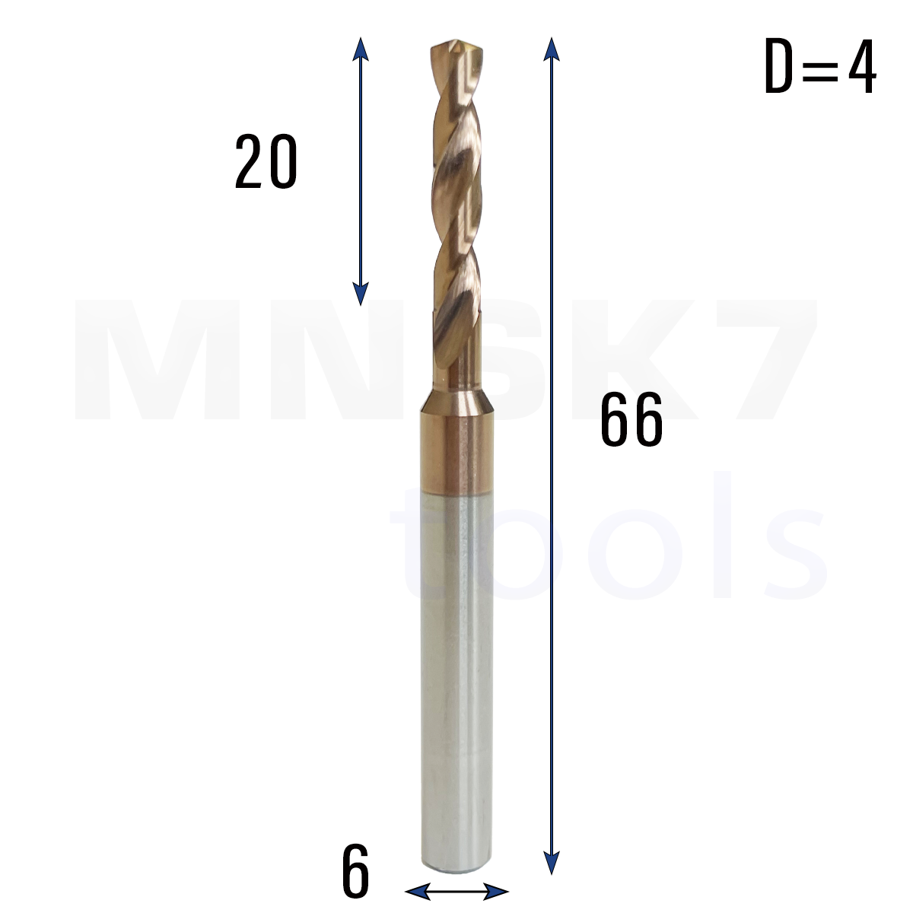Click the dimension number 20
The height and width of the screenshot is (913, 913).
tap(266, 161)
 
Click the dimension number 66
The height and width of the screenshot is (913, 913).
tap(631, 418)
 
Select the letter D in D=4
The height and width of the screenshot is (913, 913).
tap(779, 65)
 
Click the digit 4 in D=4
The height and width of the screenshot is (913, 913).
tap(862, 65)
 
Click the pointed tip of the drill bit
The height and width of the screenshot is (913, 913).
tap(456, 42)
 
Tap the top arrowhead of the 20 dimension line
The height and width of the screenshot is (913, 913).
tap(361, 49)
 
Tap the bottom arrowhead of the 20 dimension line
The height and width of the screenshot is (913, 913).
tap(361, 294)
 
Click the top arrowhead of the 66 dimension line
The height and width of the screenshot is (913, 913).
tap(552, 49)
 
